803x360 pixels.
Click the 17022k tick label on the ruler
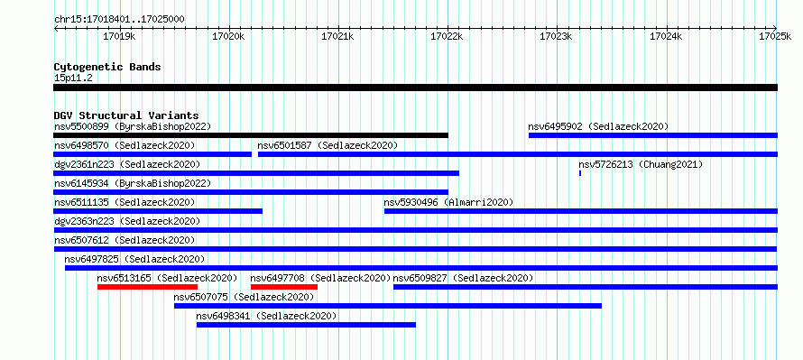[448, 36]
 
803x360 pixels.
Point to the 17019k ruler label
[119, 36]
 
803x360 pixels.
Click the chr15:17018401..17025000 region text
[119, 20]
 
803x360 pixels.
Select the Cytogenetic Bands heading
[107, 67]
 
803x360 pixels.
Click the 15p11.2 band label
[73, 78]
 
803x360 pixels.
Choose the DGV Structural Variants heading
[126, 115]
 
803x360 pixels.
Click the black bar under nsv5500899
[251, 135]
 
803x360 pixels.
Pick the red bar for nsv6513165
[147, 287]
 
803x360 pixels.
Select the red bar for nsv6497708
[284, 287]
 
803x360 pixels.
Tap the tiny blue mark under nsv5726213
[580, 173]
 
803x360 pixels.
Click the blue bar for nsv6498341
[306, 325]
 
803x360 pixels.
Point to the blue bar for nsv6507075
[388, 306]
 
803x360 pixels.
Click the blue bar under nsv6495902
[653, 135]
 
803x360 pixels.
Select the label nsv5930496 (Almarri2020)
[448, 202]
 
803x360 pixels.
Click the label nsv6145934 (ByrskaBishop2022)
[132, 183]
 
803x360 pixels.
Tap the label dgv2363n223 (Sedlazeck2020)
[127, 221]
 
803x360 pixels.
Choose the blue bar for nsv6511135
[158, 211]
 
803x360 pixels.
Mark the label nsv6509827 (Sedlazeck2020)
[463, 278]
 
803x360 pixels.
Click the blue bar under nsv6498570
[152, 154]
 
